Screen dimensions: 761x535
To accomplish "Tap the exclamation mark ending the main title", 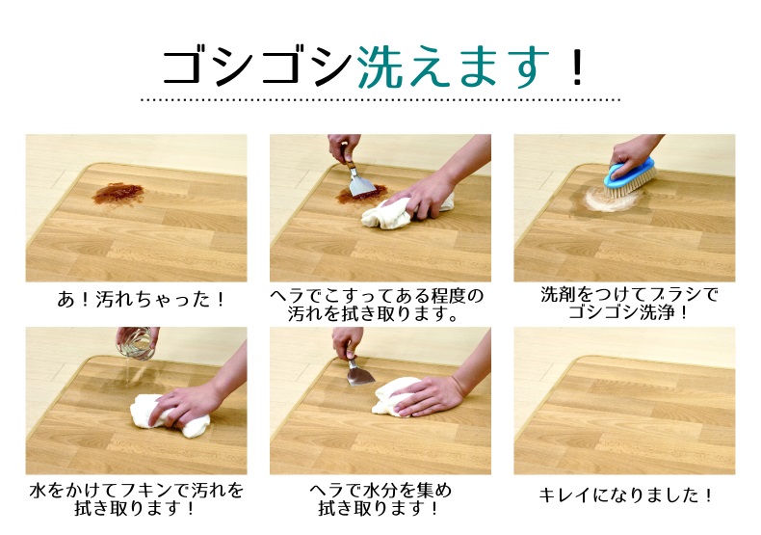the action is click(577, 67).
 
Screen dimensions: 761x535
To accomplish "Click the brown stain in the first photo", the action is click(118, 193).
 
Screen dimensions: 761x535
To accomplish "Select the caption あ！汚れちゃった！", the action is click(142, 299).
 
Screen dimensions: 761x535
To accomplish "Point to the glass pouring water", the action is click(137, 343).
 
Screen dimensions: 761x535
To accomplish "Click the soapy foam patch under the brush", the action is click(607, 201).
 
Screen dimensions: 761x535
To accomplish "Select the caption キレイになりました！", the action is click(625, 495).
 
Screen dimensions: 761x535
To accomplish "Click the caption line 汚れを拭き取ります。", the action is click(374, 314).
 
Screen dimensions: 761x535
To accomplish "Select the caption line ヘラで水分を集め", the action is click(380, 491).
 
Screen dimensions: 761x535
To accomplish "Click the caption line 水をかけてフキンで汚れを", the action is click(137, 491).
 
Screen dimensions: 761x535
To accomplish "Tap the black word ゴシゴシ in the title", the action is click(257, 67).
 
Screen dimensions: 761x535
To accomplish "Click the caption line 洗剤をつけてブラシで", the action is click(629, 295).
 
